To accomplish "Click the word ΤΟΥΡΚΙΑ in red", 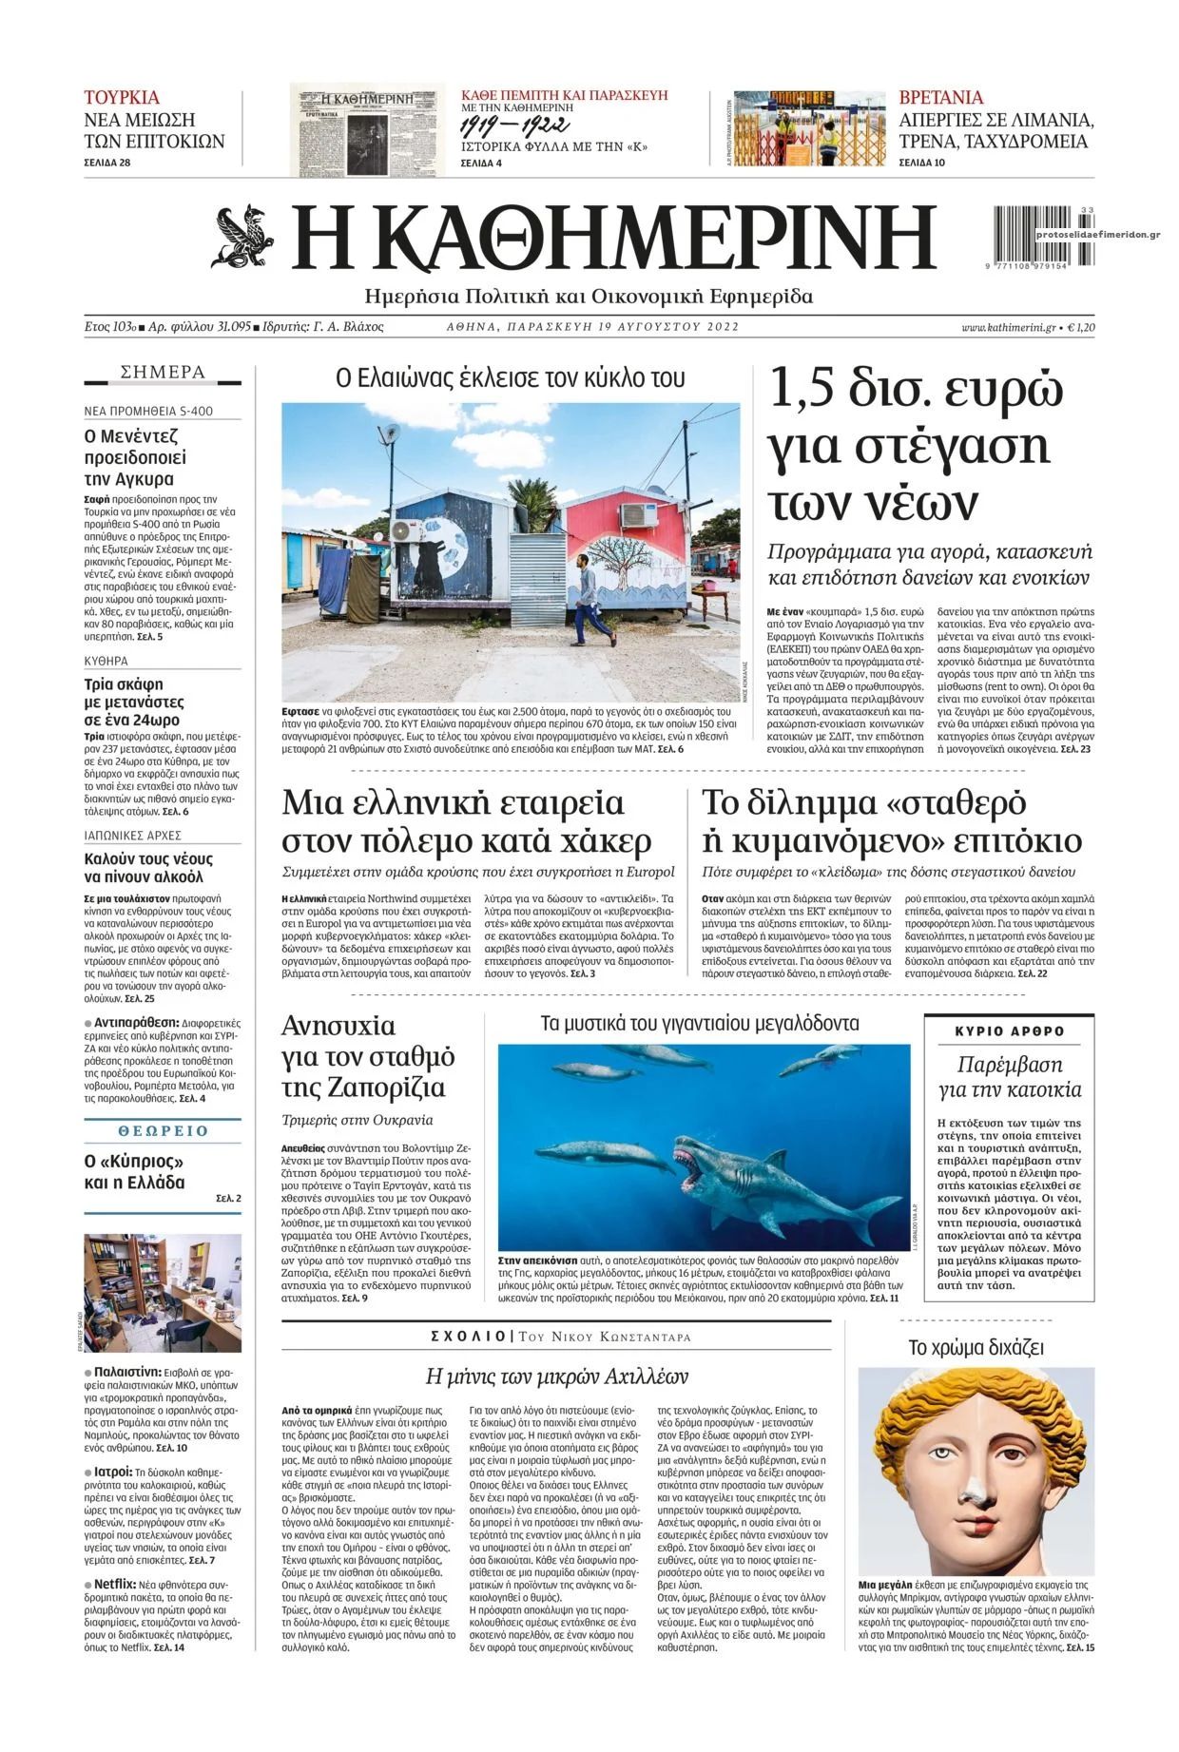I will tap(122, 98).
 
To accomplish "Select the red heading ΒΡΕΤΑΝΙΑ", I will tap(941, 98).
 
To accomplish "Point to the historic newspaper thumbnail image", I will tap(367, 129).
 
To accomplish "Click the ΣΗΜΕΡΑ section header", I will tap(163, 373).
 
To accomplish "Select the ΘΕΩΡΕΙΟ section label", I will tap(163, 1131).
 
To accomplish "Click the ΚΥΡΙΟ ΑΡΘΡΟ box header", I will tap(1009, 1031).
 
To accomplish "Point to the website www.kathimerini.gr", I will tap(1009, 327).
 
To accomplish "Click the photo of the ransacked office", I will tap(163, 1292).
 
